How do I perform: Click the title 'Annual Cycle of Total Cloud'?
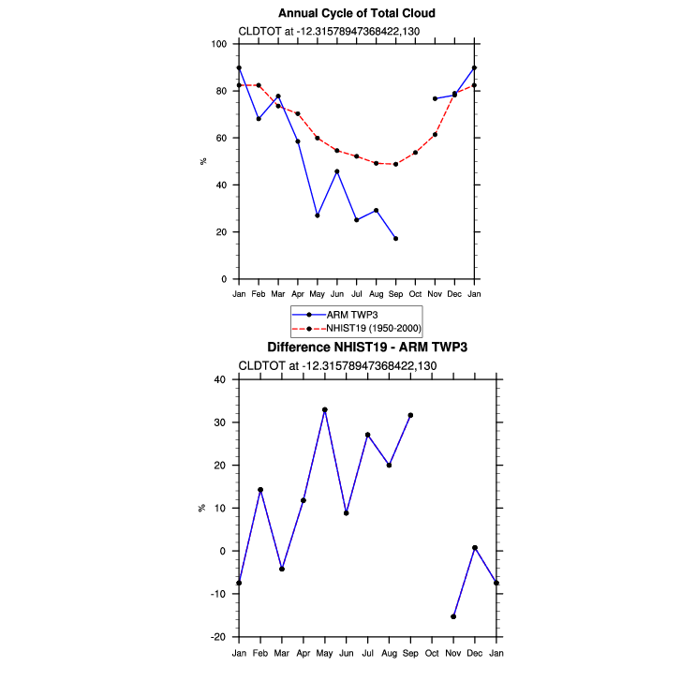click(357, 13)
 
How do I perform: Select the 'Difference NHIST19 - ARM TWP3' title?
click(367, 348)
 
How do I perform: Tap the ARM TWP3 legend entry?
click(334, 315)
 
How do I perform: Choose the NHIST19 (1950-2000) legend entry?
click(357, 329)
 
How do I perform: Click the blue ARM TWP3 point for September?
click(395, 239)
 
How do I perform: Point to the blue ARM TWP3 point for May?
click(318, 215)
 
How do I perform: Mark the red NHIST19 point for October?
click(415, 153)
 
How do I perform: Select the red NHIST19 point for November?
click(436, 135)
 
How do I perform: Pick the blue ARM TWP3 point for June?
click(337, 171)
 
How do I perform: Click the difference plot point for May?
click(325, 409)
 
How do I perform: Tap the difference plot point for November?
click(453, 616)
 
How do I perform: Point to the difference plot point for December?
click(475, 548)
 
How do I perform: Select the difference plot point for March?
click(282, 569)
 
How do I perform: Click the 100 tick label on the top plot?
click(219, 44)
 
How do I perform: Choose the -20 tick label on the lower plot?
click(218, 637)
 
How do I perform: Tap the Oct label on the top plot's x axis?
click(415, 294)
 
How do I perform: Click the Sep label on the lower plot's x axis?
click(410, 653)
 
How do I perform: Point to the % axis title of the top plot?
click(203, 161)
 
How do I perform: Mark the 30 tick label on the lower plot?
click(220, 422)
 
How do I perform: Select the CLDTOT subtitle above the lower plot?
click(337, 365)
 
